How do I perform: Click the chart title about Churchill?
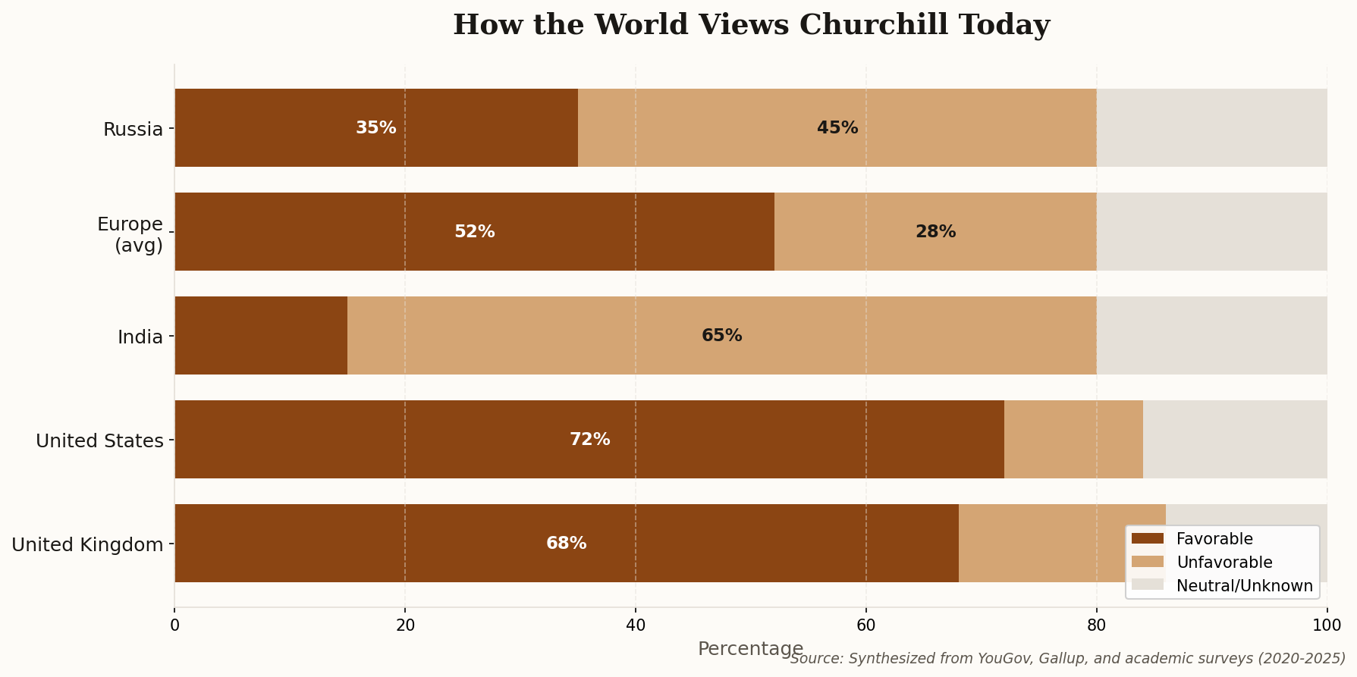pos(751,25)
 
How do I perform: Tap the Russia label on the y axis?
pos(134,129)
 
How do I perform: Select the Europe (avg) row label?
pos(130,234)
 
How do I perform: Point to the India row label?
pos(140,337)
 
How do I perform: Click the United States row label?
pos(99,440)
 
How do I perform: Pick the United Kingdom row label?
pos(87,544)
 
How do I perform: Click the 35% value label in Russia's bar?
pos(376,128)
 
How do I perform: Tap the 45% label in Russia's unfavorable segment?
pos(837,128)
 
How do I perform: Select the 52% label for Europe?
pos(475,232)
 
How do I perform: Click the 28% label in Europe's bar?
pos(935,232)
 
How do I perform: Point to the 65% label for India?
pos(722,336)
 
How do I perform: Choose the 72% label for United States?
pos(590,440)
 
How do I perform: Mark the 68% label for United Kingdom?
pos(567,544)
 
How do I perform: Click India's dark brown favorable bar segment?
pos(261,336)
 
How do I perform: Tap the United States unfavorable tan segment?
pos(1073,440)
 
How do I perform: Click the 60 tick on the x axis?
pos(866,625)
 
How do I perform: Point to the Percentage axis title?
pos(750,649)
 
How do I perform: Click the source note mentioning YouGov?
pos(1068,659)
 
